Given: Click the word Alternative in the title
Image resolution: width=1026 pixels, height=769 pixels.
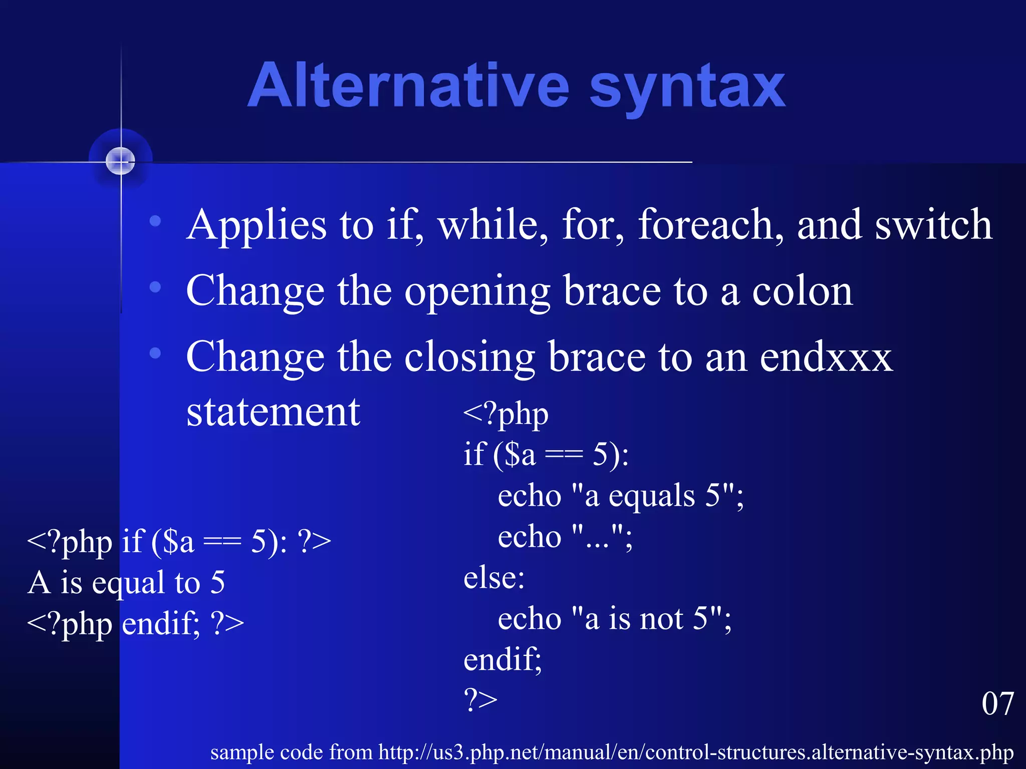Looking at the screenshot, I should point(408,86).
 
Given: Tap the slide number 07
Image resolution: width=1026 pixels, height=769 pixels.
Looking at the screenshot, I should point(997,703).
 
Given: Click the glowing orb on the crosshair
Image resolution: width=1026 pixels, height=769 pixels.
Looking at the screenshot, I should point(121,161).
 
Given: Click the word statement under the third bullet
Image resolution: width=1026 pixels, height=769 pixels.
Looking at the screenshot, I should point(273,412).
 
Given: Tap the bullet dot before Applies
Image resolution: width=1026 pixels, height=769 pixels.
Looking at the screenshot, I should point(155,221).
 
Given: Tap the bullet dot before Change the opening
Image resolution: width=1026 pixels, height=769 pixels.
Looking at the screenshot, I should point(155,287).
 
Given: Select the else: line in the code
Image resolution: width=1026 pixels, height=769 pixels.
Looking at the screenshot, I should point(494,578).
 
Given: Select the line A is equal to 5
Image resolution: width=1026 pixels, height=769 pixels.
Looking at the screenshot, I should point(126,582).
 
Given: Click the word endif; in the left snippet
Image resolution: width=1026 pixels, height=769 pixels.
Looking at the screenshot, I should point(160,624).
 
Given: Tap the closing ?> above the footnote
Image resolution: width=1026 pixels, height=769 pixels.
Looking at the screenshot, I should point(480,700).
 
